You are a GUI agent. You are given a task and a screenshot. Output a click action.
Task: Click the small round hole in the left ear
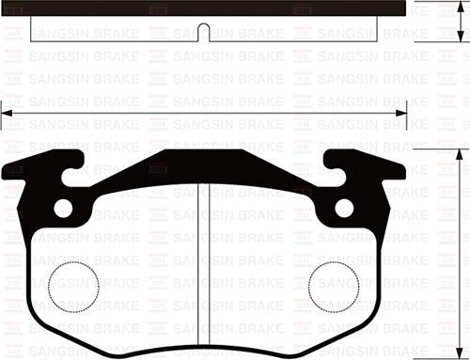(x=63, y=208)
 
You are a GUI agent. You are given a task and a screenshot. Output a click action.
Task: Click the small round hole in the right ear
(x=345, y=208)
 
